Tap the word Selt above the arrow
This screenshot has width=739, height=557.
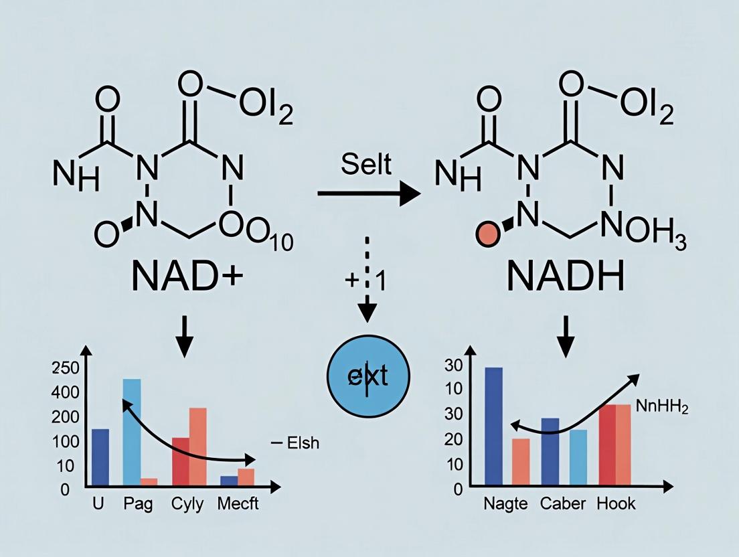point(367,164)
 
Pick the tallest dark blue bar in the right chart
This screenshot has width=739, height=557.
point(493,426)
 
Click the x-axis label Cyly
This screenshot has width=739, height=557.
point(187,505)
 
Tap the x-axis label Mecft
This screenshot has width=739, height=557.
point(238,505)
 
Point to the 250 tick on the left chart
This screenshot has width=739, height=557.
point(65,368)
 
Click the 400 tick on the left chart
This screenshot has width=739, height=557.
point(65,392)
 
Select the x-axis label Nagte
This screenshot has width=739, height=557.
point(505,504)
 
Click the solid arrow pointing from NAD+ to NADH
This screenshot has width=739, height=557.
point(368,195)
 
